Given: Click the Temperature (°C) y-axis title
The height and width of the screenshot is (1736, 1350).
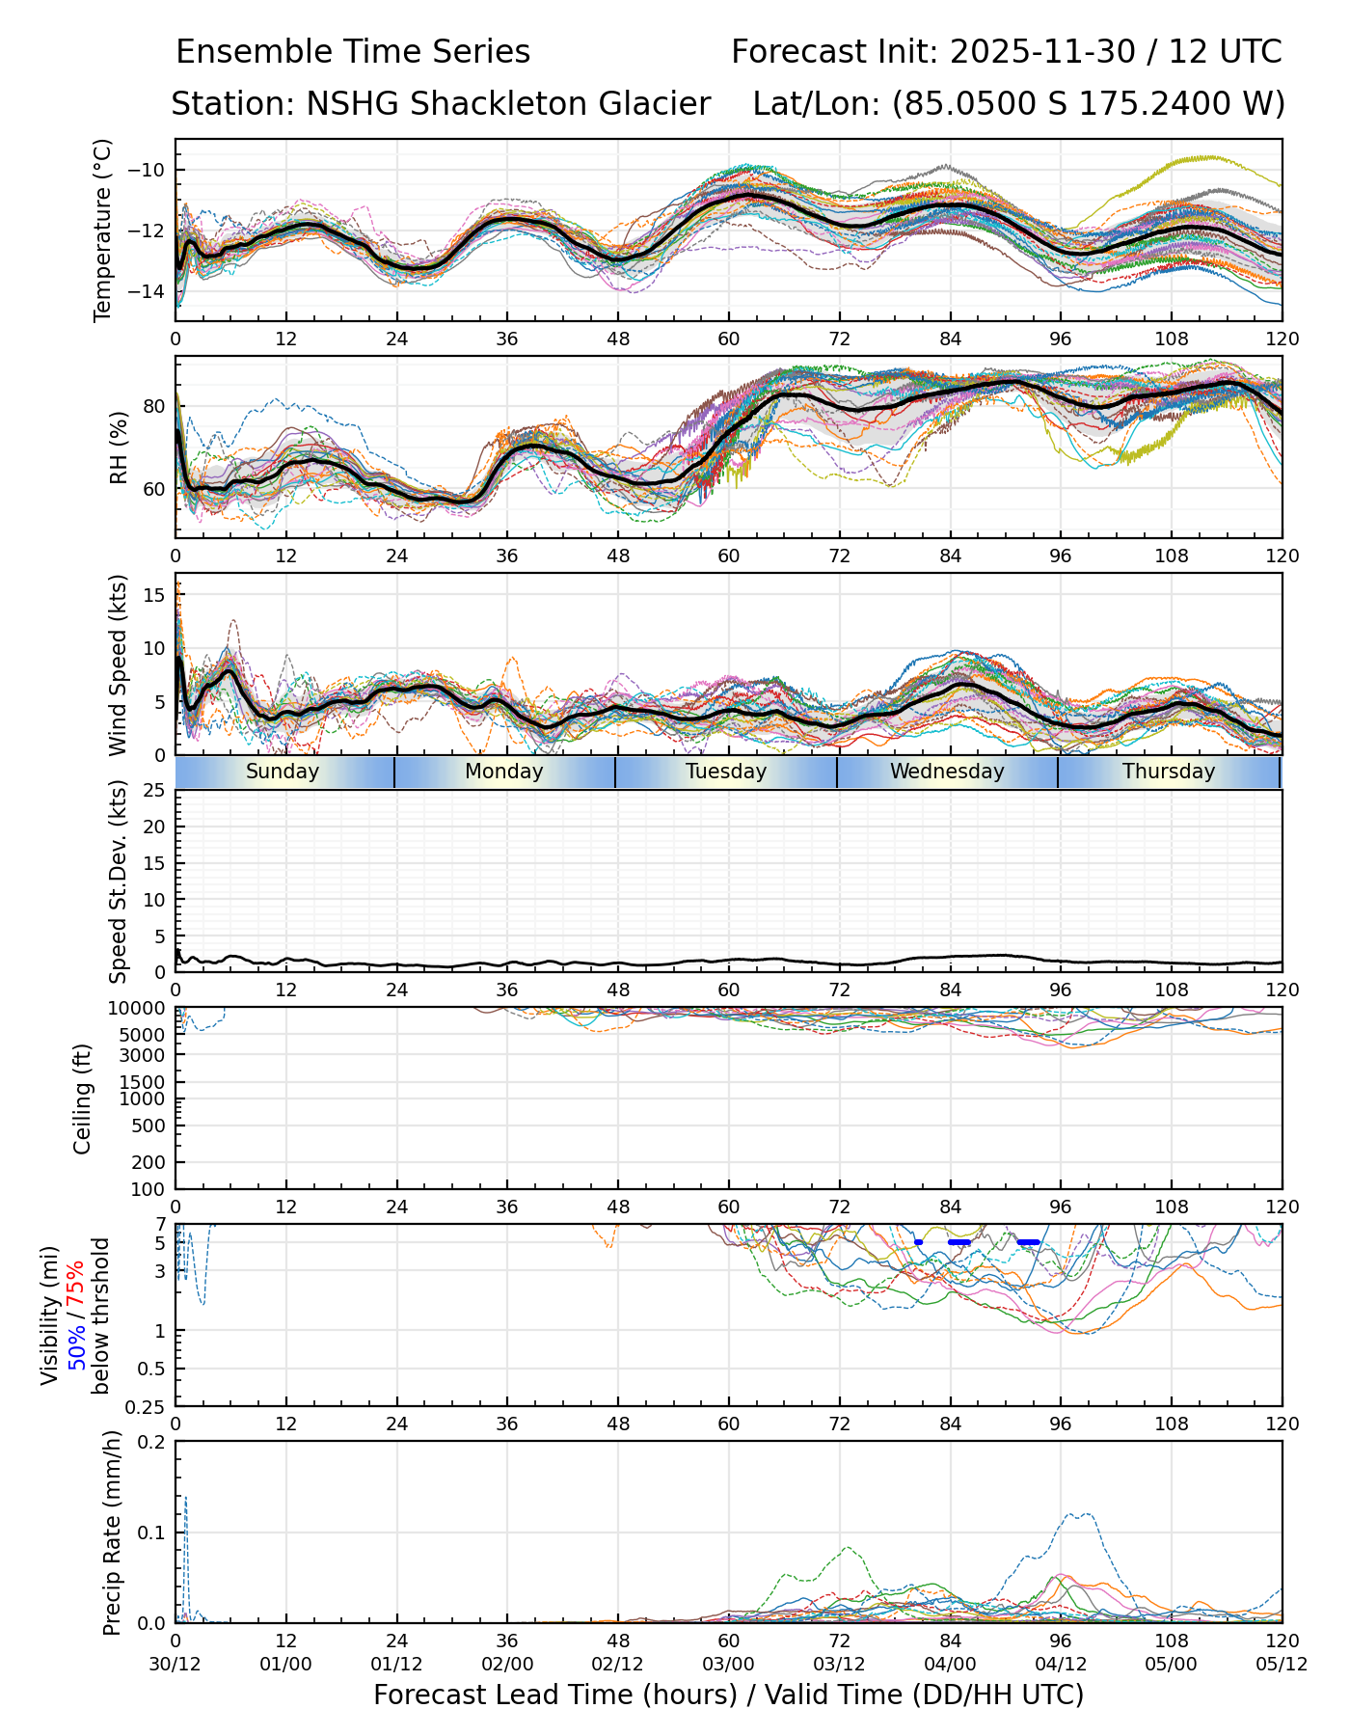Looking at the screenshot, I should [x=103, y=230].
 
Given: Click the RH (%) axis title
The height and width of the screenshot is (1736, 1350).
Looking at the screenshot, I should [x=119, y=448].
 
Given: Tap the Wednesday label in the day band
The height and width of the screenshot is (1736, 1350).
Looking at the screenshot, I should [x=947, y=772].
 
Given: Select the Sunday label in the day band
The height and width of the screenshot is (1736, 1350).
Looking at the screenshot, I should [x=283, y=772].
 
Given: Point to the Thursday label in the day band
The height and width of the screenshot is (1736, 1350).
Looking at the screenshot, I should [x=1169, y=772].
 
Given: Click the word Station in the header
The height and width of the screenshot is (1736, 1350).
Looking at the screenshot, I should [x=228, y=103].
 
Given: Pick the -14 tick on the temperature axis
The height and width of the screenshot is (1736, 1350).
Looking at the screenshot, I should [x=152, y=292].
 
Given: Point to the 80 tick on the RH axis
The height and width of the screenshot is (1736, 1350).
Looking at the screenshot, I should [x=154, y=406].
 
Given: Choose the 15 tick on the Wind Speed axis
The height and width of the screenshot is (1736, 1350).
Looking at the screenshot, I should [x=154, y=595].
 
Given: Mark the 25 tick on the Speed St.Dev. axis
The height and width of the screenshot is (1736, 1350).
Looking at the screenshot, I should [x=154, y=791].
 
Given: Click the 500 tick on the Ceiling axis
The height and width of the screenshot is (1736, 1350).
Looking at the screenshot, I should [x=148, y=1126].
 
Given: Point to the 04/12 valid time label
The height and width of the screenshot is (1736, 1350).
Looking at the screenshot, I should [x=1061, y=1665].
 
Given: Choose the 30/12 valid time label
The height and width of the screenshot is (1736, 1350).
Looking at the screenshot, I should [x=175, y=1665].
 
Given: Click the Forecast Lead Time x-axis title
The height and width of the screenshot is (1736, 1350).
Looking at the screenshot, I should [x=728, y=1695].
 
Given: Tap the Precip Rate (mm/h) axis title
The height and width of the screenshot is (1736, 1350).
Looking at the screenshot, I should [x=113, y=1533].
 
